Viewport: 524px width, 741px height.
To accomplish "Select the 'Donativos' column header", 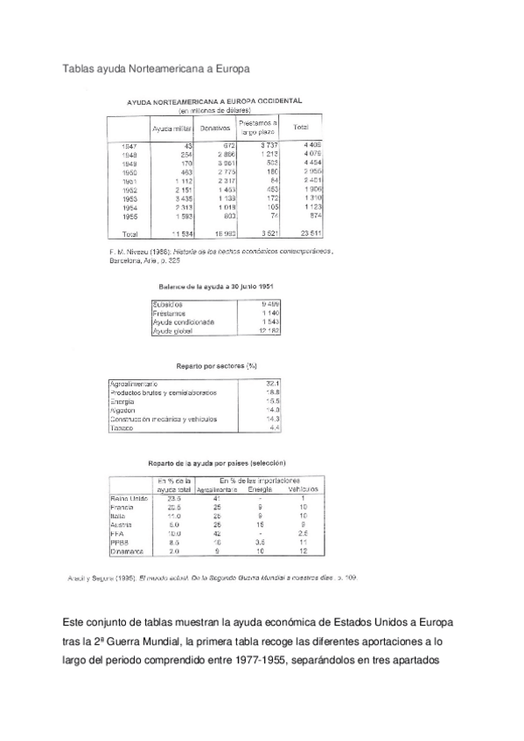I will (x=214, y=128).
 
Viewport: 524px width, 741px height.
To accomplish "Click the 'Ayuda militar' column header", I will (x=171, y=128).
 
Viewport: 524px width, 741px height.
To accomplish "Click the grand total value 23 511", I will (x=311, y=234).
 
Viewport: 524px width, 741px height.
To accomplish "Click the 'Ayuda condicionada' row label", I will (x=184, y=322).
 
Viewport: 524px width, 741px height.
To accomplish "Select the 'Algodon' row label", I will (x=123, y=410).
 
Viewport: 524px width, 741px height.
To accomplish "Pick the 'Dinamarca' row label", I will (x=126, y=551).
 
